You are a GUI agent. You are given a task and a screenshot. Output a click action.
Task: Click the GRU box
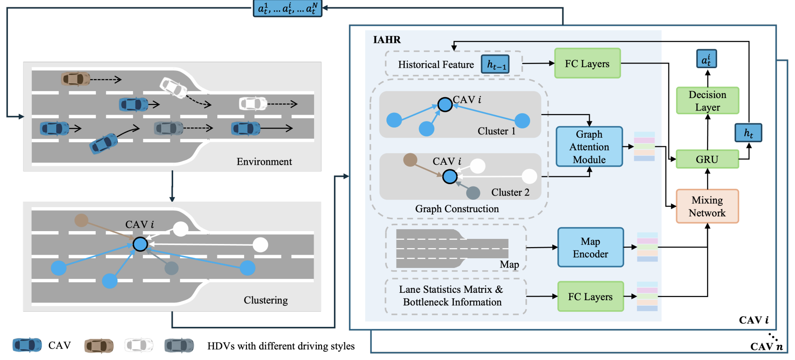pyautogui.click(x=707, y=159)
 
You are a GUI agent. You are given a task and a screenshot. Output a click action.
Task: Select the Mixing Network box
pyautogui.click(x=707, y=206)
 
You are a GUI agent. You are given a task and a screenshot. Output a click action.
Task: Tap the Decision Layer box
pyautogui.click(x=707, y=101)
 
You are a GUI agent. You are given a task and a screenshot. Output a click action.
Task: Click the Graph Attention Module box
pyautogui.click(x=589, y=147)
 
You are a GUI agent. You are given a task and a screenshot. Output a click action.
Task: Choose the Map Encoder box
pyautogui.click(x=590, y=248)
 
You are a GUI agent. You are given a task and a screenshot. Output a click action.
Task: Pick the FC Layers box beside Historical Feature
pyautogui.click(x=587, y=64)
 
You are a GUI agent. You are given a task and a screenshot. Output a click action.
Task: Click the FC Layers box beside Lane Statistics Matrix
pyautogui.click(x=590, y=297)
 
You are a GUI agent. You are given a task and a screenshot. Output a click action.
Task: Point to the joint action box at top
pyautogui.click(x=287, y=8)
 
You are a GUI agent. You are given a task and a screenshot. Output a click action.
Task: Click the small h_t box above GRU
pyautogui.click(x=748, y=133)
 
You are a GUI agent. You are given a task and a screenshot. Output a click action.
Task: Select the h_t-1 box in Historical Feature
pyautogui.click(x=496, y=64)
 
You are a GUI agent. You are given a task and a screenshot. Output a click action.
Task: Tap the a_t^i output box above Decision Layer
pyautogui.click(x=706, y=59)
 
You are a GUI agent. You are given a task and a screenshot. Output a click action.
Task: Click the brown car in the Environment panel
pyautogui.click(x=76, y=79)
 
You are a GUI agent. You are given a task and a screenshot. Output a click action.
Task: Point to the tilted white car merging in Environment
pyautogui.click(x=173, y=87)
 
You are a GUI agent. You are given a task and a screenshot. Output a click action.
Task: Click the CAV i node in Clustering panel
pyautogui.click(x=140, y=244)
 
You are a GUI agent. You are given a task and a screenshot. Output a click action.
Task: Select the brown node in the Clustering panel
pyautogui.click(x=82, y=220)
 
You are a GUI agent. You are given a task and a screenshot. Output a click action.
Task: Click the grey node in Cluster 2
pyautogui.click(x=473, y=192)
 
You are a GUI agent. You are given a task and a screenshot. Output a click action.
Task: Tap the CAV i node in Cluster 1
pyautogui.click(x=445, y=105)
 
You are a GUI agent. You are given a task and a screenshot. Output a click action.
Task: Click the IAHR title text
pyautogui.click(x=387, y=40)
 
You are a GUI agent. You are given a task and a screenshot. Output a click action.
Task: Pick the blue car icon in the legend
pyautogui.click(x=27, y=345)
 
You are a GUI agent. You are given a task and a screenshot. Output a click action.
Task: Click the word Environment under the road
pyautogui.click(x=264, y=162)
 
